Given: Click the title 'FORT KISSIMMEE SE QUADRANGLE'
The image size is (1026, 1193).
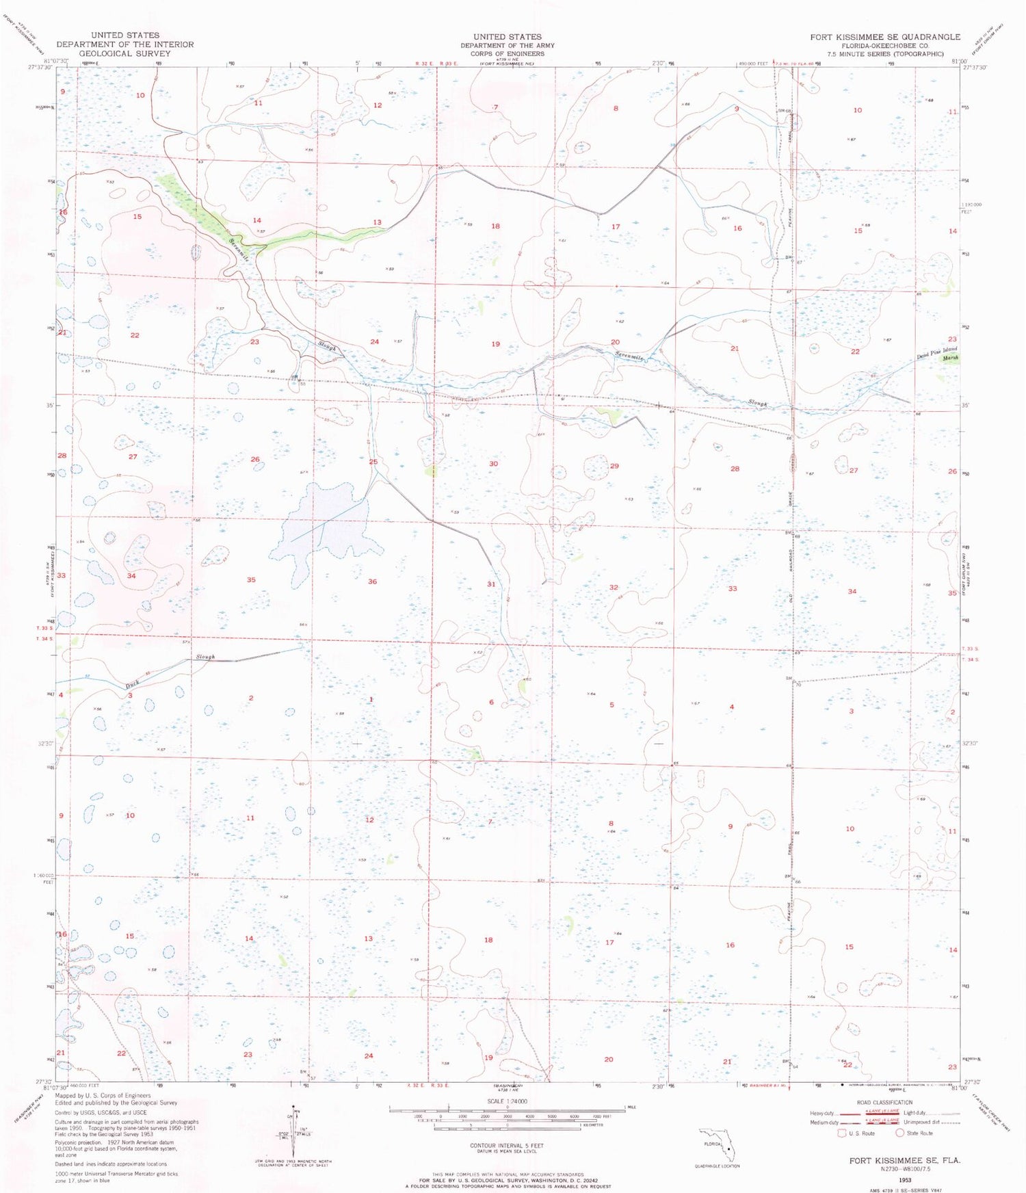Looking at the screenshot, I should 885,36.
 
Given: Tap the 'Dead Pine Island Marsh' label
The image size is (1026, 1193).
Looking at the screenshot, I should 938,354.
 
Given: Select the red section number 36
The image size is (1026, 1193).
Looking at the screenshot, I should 372,581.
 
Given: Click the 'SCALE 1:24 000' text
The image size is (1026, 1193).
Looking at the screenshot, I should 507,1101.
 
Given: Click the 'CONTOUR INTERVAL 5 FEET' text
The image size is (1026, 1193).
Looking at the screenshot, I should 507,1145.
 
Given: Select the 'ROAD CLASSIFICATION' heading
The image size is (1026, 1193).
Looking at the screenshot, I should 884,1103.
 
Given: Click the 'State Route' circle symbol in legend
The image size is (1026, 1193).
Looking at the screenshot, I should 900,1133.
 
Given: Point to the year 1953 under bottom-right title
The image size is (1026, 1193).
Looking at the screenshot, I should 905,1180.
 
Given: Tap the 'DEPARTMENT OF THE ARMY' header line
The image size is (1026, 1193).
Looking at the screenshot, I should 507,45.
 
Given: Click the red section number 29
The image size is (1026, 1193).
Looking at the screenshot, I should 614,466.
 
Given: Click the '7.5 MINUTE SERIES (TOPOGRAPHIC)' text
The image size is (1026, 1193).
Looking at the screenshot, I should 885,53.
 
